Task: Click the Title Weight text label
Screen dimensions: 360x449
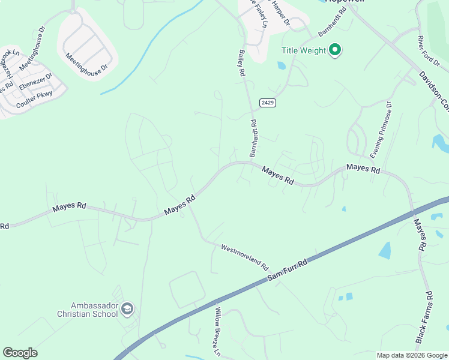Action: coord(304,51)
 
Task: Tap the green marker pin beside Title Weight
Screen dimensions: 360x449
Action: coord(336,50)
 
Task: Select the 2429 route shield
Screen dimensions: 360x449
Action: coord(268,103)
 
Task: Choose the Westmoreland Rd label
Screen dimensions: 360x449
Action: coord(244,256)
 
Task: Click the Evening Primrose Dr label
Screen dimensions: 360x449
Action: coord(381,130)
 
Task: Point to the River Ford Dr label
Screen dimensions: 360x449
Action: coord(429,50)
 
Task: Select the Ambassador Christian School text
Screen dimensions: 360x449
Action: coord(88,309)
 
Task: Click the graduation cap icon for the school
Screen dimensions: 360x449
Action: coord(127,309)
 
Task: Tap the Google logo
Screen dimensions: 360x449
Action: coord(20,353)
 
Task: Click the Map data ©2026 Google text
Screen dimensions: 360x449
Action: coord(412,355)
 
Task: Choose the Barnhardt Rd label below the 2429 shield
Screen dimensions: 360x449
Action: coord(255,138)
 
